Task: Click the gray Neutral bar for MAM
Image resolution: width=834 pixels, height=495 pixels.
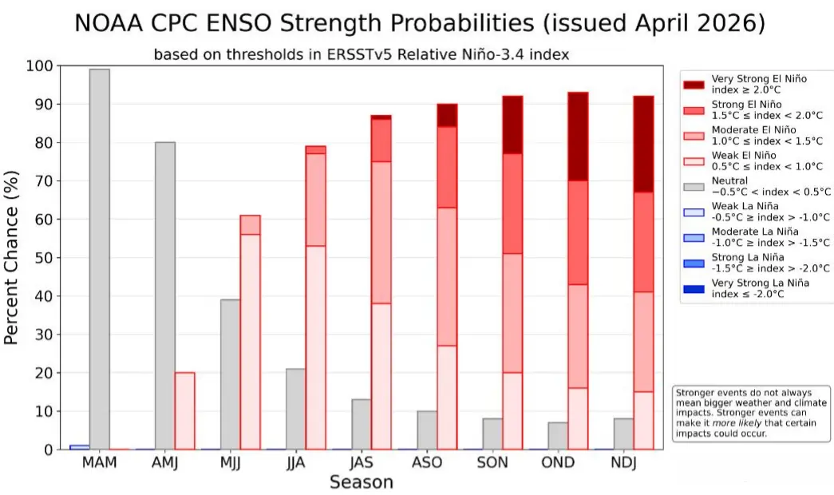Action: [x=100, y=259]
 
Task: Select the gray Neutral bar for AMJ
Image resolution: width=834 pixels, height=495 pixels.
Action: [x=165, y=296]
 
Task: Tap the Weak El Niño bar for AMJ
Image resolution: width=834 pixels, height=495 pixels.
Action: [x=184, y=411]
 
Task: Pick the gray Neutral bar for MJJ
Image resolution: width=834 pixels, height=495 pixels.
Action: [x=231, y=374]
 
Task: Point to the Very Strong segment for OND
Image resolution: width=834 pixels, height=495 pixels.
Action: [x=578, y=137]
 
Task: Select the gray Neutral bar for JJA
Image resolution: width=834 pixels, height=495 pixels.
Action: [x=296, y=410]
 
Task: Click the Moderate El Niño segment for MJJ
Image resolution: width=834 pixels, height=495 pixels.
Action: [x=250, y=225]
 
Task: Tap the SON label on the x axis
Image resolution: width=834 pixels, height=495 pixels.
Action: [x=492, y=462]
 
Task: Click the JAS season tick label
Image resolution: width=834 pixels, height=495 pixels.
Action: [x=362, y=462]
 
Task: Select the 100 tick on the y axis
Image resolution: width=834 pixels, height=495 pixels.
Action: [x=39, y=66]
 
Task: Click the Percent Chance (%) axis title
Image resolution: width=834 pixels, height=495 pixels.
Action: [x=11, y=258]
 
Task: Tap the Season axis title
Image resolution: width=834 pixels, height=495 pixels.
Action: [x=362, y=482]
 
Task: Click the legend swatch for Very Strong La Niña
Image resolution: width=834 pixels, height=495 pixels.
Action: [x=694, y=289]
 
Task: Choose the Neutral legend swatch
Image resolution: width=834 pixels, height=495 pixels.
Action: [x=694, y=187]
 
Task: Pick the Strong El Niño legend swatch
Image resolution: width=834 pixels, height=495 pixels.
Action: [x=694, y=110]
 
